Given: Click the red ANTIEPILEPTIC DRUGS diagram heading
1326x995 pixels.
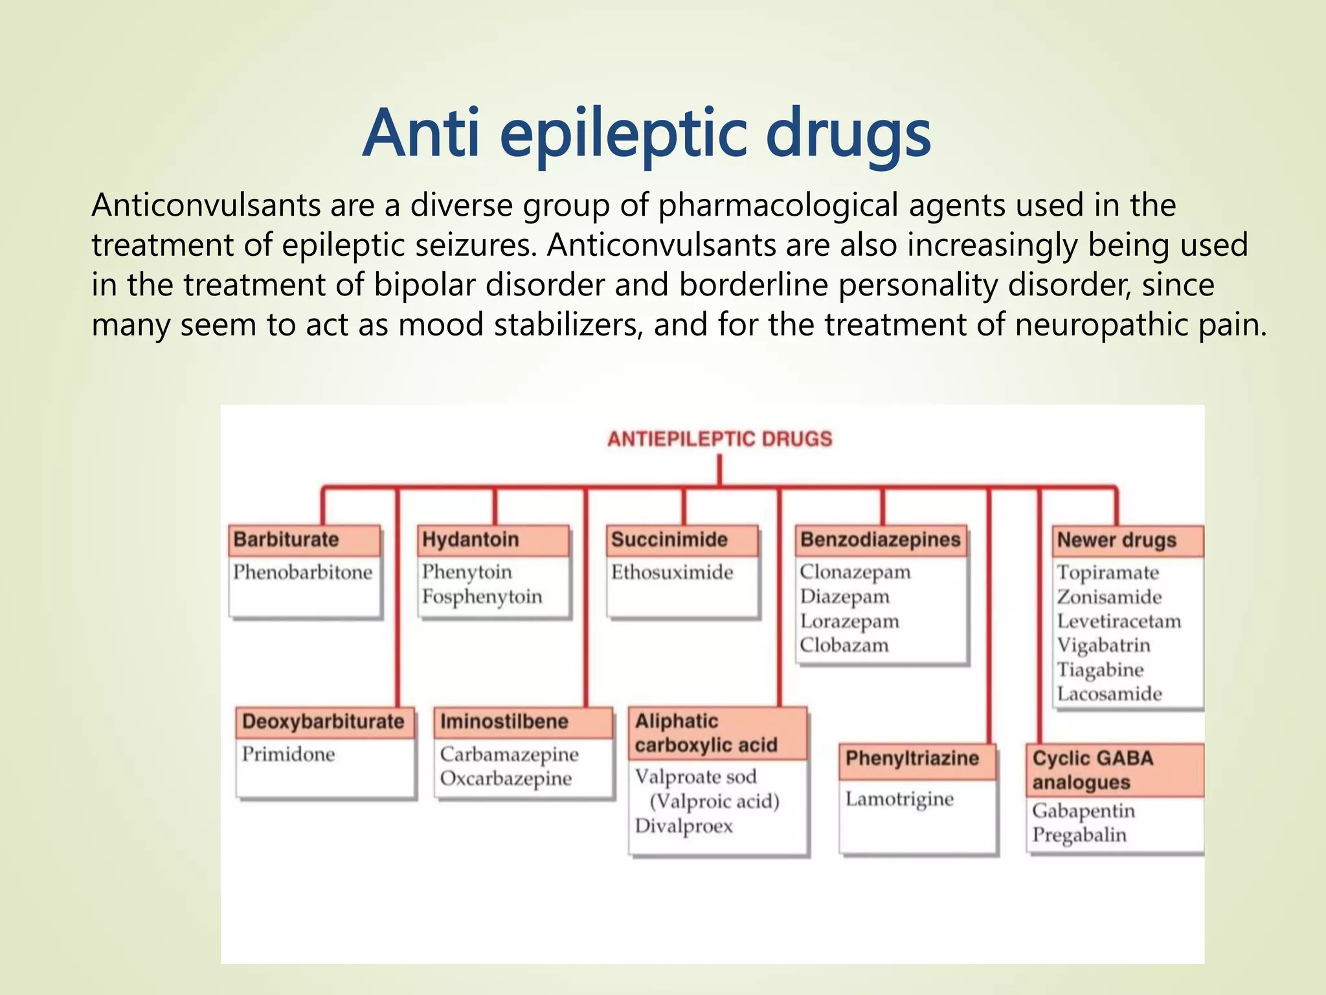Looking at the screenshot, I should [x=719, y=439].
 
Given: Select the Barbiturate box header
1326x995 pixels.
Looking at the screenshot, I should [x=286, y=540].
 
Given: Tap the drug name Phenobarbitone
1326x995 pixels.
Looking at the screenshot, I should [x=302, y=572].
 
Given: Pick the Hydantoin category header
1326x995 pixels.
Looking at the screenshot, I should [x=470, y=540].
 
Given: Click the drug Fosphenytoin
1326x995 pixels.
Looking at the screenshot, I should [x=482, y=597].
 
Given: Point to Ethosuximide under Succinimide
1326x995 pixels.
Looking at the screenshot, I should [x=672, y=572].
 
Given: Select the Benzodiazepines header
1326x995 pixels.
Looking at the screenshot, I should [x=880, y=540].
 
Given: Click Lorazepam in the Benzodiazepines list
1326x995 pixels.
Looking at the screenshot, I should [x=849, y=621].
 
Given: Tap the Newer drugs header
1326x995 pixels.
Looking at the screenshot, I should [x=1116, y=540].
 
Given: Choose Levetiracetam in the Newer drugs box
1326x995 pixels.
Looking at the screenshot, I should [x=1118, y=621].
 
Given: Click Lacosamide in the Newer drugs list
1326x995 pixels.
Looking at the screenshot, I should [x=1109, y=694].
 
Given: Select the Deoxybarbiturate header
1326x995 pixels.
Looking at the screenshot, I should [x=322, y=722].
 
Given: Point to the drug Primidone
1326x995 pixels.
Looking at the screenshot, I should [x=288, y=754].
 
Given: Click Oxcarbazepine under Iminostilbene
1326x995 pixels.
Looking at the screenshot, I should [x=506, y=779].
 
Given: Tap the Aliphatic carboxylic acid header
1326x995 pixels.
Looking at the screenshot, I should [x=705, y=733].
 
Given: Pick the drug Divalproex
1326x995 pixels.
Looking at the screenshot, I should [x=684, y=826].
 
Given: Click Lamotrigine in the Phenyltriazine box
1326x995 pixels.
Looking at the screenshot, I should [x=899, y=799].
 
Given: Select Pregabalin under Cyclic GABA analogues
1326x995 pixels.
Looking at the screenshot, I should [x=1079, y=835].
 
